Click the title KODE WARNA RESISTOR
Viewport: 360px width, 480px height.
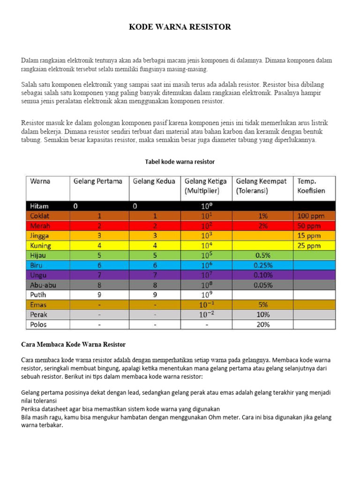click(x=180, y=27)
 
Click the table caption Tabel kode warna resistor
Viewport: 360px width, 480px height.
click(x=180, y=162)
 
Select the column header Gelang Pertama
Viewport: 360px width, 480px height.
click(x=98, y=181)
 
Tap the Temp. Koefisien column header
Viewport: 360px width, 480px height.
click(x=311, y=186)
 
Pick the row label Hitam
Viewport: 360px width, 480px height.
click(x=39, y=206)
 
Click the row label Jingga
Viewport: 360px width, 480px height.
click(x=40, y=235)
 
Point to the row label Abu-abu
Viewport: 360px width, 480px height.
click(x=43, y=285)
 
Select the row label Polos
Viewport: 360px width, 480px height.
click(x=39, y=324)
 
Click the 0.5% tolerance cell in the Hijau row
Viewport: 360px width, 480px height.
click(x=263, y=255)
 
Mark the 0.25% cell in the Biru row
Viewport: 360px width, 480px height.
click(x=263, y=265)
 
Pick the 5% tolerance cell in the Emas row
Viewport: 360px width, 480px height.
click(x=263, y=305)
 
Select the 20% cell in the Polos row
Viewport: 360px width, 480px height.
click(x=263, y=324)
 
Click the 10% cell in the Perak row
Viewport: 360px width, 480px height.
click(x=263, y=315)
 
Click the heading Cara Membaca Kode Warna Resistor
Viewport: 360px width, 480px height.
click(x=74, y=345)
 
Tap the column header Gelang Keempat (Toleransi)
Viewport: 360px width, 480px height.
click(x=261, y=186)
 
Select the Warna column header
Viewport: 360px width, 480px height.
click(x=40, y=181)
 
